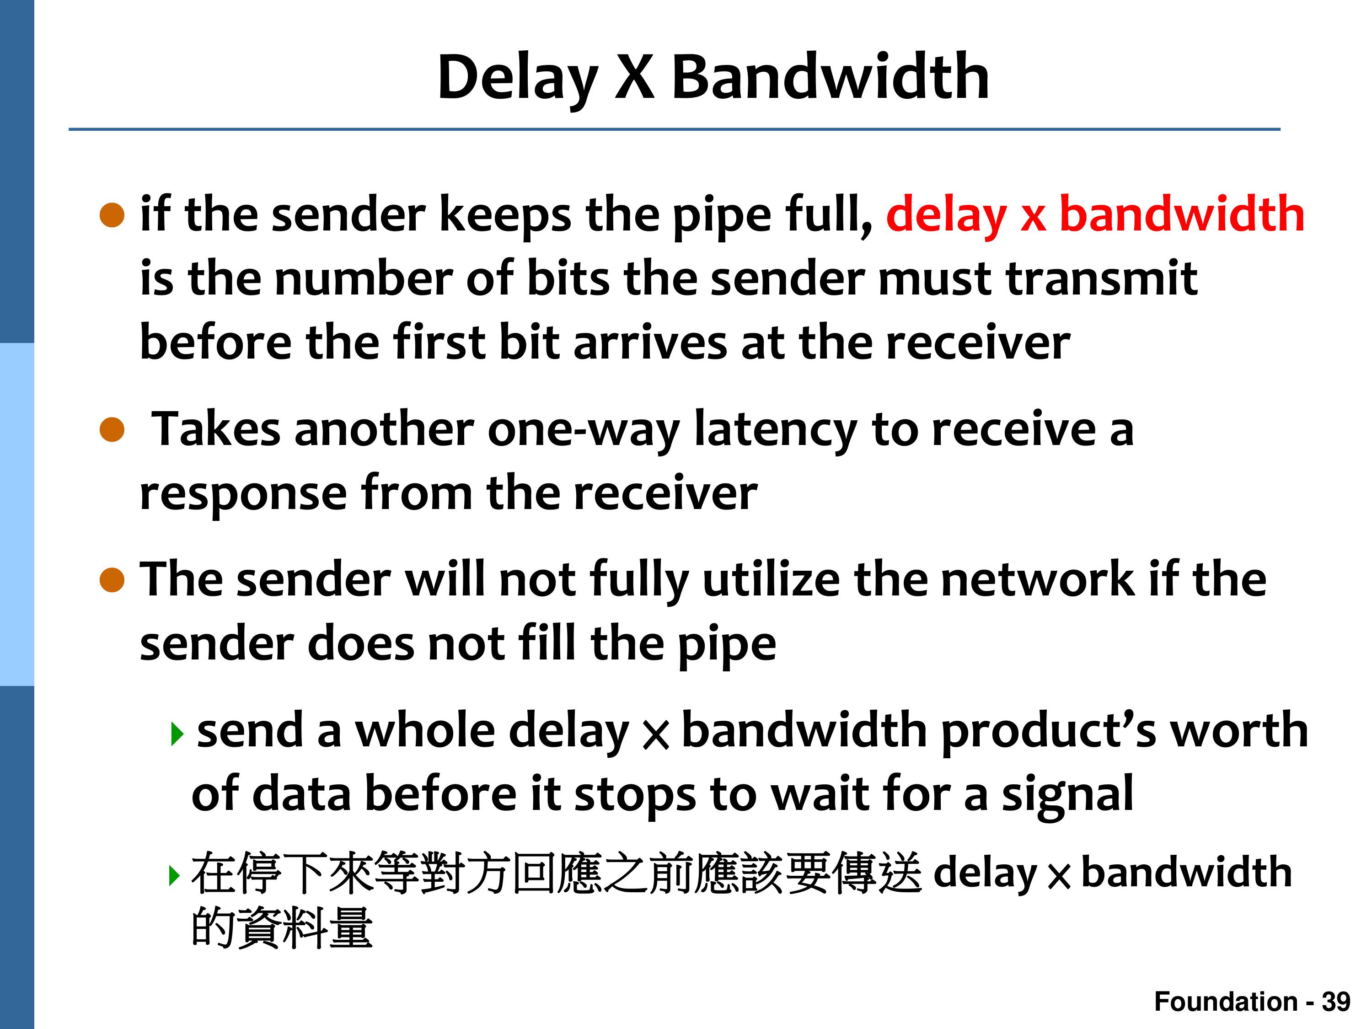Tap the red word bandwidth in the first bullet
[1182, 214]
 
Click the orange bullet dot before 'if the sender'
[112, 215]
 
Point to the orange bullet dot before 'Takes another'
[112, 430]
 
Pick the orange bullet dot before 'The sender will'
[112, 580]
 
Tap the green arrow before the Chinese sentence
[175, 876]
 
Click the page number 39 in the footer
[1335, 1001]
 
